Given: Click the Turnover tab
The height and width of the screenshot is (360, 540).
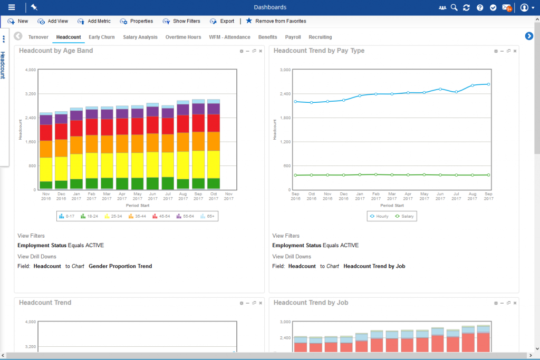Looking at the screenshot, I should coord(38,37).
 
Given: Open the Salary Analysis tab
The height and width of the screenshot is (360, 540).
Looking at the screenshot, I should coord(140,37).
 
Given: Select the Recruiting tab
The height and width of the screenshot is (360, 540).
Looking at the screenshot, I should coord(320,37).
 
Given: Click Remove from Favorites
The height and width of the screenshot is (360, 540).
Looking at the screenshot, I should coord(276,21).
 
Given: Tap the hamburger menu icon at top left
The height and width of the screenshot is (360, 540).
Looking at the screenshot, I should coord(12,7).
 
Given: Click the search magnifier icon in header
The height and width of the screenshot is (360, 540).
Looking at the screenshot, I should coord(454,7).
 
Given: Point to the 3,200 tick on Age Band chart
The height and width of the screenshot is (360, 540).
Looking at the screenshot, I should coord(30,94).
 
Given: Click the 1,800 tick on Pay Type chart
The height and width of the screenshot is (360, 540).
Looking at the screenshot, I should coord(285,118).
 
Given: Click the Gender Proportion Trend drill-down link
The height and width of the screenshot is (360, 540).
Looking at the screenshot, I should coord(120,266).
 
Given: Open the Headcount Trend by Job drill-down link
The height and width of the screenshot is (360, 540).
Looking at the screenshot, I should coord(374,266).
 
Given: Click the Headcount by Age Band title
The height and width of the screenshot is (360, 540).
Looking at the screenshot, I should coord(56,51).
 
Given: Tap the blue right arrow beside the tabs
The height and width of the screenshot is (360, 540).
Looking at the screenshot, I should coord(529,36).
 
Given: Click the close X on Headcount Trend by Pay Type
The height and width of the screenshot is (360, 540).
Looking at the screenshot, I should coord(515,51).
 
